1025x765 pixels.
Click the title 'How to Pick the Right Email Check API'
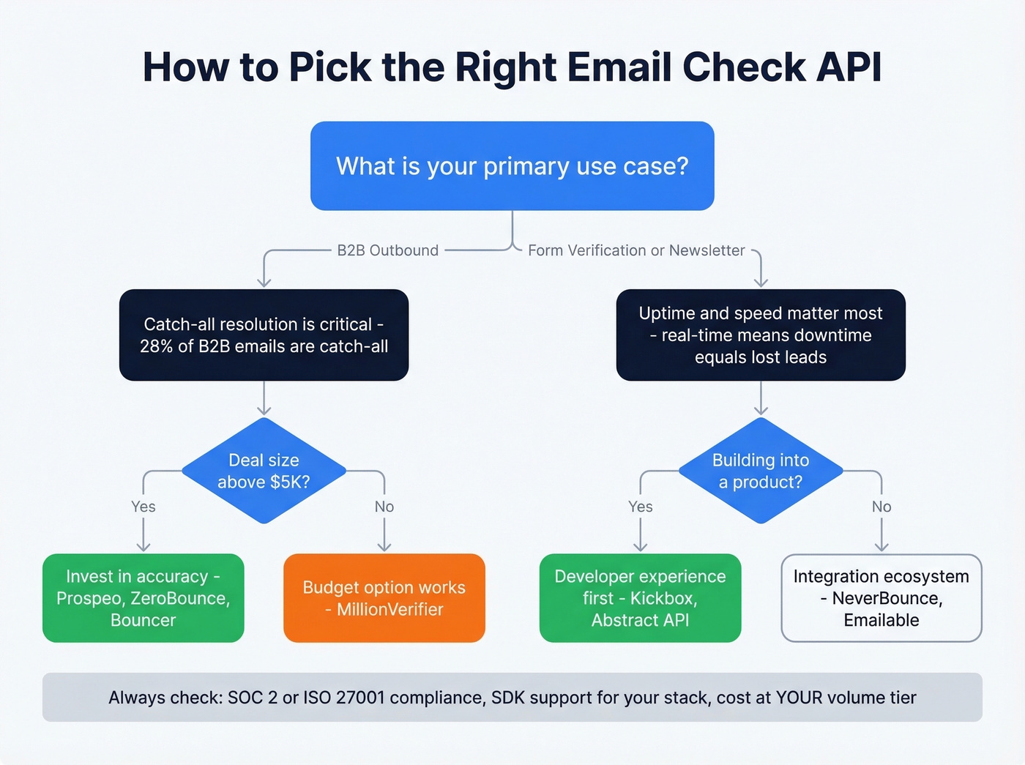512,67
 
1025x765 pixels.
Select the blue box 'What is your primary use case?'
512,166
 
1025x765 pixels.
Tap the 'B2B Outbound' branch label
387,250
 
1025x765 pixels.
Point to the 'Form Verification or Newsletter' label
636,250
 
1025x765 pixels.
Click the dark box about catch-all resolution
264,335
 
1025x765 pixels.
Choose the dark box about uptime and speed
761,335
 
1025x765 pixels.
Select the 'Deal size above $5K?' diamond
264,471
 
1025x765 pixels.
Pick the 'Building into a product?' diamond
761,471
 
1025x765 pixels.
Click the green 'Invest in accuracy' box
143,598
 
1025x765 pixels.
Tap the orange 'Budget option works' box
384,598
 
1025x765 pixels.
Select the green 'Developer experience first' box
640,598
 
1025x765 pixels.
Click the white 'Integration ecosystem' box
881,598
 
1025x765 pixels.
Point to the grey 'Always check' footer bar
512,698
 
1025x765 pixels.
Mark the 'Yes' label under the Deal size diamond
143,507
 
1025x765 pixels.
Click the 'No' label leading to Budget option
384,507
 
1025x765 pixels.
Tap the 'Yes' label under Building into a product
641,507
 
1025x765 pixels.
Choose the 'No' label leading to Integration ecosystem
881,507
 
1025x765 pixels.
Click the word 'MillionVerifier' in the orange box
390,610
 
